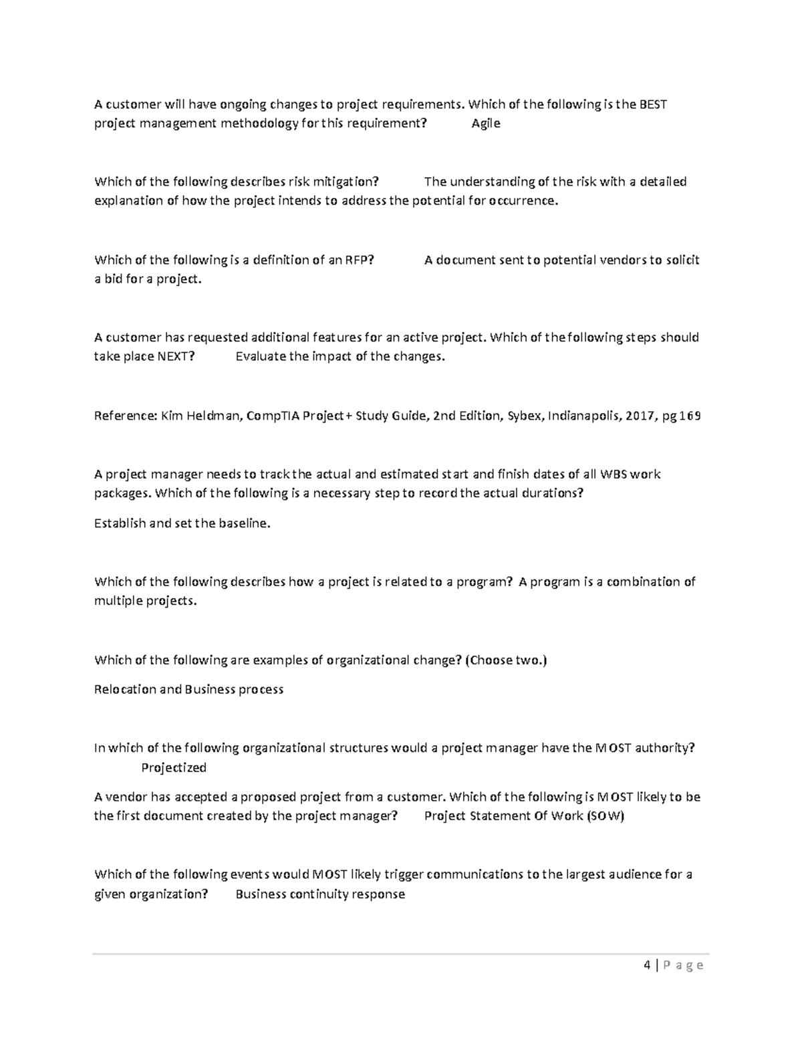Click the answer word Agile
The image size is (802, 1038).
tap(485, 124)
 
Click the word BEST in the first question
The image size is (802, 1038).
tap(653, 104)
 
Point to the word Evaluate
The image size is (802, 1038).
tap(261, 356)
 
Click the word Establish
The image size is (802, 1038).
tap(120, 523)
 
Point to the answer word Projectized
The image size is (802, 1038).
tap(174, 767)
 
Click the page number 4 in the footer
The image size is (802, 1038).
tap(646, 965)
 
